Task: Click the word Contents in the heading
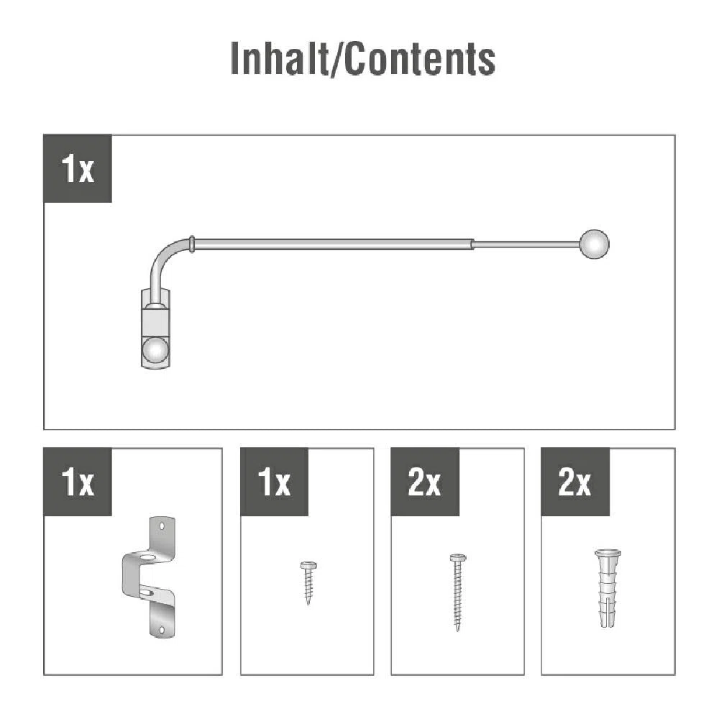[420, 58]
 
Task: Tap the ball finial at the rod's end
[595, 244]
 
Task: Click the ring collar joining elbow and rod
[192, 244]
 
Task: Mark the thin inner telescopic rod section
[526, 244]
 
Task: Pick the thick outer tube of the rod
[334, 244]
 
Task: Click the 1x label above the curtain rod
[78, 168]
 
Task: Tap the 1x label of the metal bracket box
[78, 482]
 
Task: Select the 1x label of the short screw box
[274, 482]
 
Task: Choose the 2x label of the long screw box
[425, 482]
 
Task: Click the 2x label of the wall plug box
[575, 482]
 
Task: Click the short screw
[308, 583]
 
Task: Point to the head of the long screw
[457, 558]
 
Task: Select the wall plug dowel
[608, 588]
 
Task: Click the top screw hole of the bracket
[161, 526]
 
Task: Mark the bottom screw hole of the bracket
[161, 631]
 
